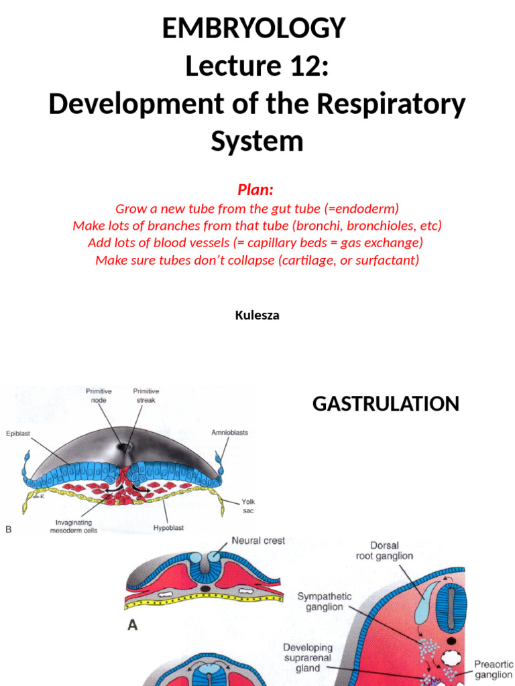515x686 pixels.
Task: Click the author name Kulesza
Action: [257, 316]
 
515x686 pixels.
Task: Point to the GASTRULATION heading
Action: [386, 404]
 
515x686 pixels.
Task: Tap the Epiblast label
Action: [19, 432]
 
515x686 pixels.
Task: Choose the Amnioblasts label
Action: [229, 432]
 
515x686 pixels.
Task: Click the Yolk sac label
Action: [249, 506]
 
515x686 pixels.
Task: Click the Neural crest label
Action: [258, 541]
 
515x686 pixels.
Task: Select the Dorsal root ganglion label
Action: [384, 550]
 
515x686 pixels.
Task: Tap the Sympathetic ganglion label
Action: [325, 602]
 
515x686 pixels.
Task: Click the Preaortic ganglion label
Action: [493, 669]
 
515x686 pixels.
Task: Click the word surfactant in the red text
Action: [386, 260]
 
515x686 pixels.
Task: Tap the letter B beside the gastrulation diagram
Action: [9, 530]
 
